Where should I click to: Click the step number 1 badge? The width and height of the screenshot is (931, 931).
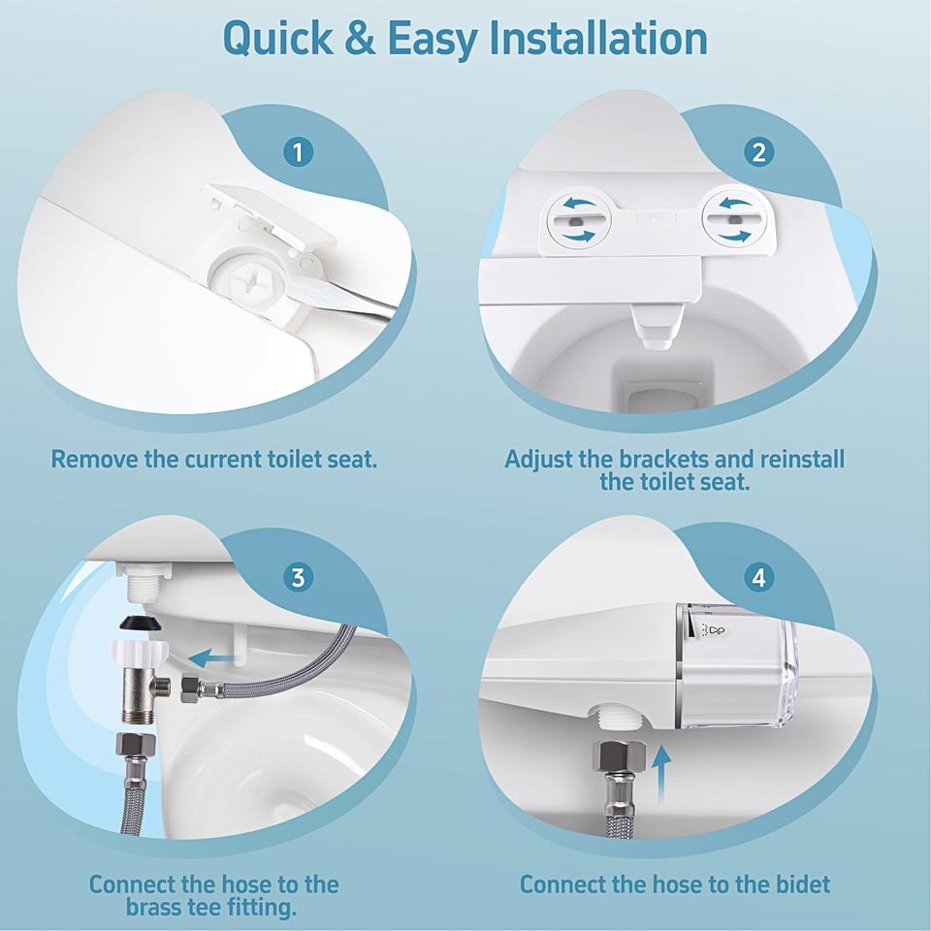[x=298, y=152]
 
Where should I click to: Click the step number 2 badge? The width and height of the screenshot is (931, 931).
[x=758, y=152]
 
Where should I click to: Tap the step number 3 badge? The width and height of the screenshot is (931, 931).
[x=298, y=577]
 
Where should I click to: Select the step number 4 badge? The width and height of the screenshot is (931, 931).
[x=758, y=577]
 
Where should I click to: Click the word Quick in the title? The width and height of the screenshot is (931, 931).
[x=278, y=39]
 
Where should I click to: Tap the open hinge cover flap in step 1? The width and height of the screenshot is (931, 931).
[x=271, y=215]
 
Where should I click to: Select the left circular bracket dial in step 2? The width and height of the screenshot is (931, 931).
[x=578, y=220]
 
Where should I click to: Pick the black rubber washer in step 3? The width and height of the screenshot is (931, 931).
[x=142, y=625]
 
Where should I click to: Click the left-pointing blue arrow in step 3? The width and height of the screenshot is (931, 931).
[x=213, y=658]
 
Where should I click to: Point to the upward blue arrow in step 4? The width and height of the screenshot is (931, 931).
[x=661, y=774]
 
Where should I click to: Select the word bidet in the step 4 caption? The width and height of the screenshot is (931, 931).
[x=803, y=884]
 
